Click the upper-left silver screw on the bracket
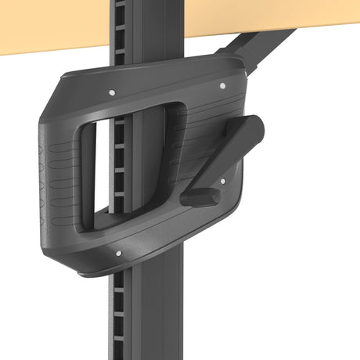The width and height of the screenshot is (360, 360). click(112, 92)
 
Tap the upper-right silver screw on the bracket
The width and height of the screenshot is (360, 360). click(222, 85)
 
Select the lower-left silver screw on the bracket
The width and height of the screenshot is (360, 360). click(118, 253)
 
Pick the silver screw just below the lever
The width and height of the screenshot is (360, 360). click(222, 181)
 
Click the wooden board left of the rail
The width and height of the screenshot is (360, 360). click(47, 27)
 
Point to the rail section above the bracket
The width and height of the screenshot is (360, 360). click(137, 31)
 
